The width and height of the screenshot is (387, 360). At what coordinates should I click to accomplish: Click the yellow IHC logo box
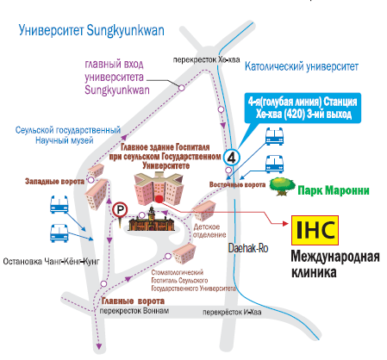point(315,230)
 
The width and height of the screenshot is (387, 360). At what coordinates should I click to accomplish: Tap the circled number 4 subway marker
point(232,157)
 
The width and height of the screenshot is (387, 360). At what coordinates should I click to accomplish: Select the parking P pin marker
point(120,212)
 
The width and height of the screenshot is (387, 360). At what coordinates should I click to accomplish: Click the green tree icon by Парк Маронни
point(283,186)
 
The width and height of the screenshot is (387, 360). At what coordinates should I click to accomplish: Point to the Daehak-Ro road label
point(248,248)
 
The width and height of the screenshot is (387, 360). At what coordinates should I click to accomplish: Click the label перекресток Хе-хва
point(206,59)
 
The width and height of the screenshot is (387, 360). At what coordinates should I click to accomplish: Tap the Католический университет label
point(302,66)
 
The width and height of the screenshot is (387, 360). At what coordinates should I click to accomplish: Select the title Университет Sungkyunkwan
point(91,31)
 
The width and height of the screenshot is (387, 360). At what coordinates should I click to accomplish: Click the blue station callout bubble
point(303,108)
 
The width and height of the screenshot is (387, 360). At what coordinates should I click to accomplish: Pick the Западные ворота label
point(54,182)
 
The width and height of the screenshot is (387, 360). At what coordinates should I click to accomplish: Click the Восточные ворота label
point(237,184)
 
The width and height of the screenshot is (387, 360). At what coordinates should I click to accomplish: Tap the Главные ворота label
point(133,301)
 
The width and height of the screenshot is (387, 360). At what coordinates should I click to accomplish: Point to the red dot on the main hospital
point(159,199)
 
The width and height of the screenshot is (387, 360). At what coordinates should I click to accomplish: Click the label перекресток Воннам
point(134,311)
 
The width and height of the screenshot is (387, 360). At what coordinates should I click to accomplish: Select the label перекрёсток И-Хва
point(232,312)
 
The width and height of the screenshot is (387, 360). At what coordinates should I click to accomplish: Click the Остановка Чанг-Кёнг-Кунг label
point(51,262)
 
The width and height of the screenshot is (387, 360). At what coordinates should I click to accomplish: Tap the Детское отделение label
point(209,231)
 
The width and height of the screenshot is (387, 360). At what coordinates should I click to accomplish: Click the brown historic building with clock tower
point(151,220)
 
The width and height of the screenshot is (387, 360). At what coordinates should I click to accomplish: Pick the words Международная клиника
point(335,264)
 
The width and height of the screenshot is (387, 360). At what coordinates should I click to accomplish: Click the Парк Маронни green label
point(334,190)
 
